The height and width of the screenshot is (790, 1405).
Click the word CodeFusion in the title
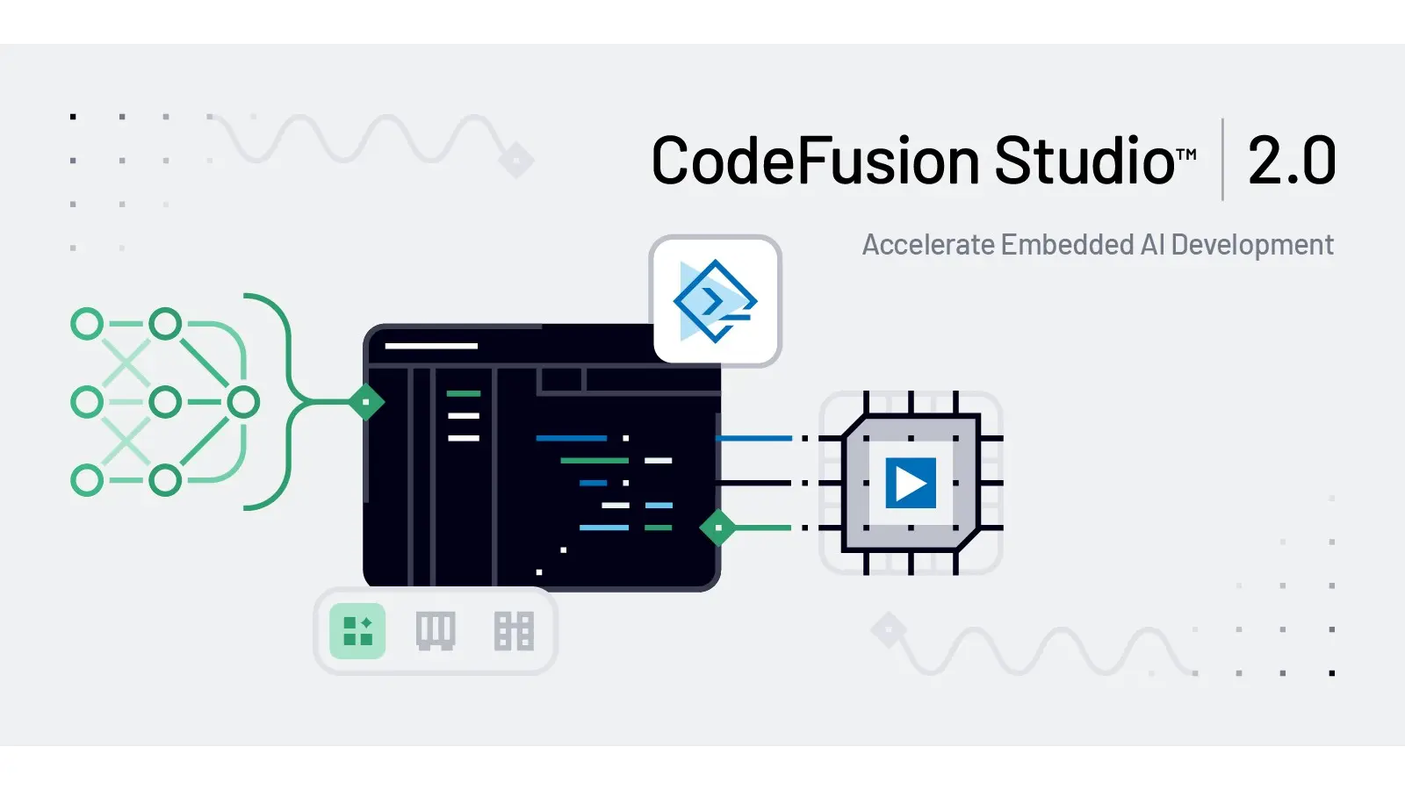pyautogui.click(x=815, y=162)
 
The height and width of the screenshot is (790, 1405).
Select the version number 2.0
pyautogui.click(x=1292, y=162)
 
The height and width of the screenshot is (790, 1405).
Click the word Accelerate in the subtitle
pyautogui.click(x=927, y=245)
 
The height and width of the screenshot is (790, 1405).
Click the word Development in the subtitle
pyautogui.click(x=1252, y=245)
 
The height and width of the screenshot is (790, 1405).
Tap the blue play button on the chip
pyautogui.click(x=911, y=483)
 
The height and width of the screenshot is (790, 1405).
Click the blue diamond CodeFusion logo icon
pyautogui.click(x=716, y=301)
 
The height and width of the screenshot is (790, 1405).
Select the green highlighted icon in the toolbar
pyautogui.click(x=357, y=631)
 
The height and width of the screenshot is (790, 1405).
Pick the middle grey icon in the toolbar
pyautogui.click(x=436, y=631)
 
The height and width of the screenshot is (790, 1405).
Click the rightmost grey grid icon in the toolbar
pyautogui.click(x=514, y=631)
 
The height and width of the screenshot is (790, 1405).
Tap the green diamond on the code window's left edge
pyautogui.click(x=366, y=402)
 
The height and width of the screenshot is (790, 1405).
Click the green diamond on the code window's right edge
pyautogui.click(x=718, y=528)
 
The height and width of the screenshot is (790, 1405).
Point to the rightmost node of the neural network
pyautogui.click(x=243, y=402)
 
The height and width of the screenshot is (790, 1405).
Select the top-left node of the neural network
pyautogui.click(x=87, y=324)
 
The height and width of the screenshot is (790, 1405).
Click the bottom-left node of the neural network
pyautogui.click(x=87, y=480)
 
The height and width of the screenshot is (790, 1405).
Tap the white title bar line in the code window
pyautogui.click(x=431, y=346)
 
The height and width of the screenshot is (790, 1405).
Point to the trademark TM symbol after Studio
pyautogui.click(x=1186, y=155)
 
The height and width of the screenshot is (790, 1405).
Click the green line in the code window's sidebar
pyautogui.click(x=464, y=393)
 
